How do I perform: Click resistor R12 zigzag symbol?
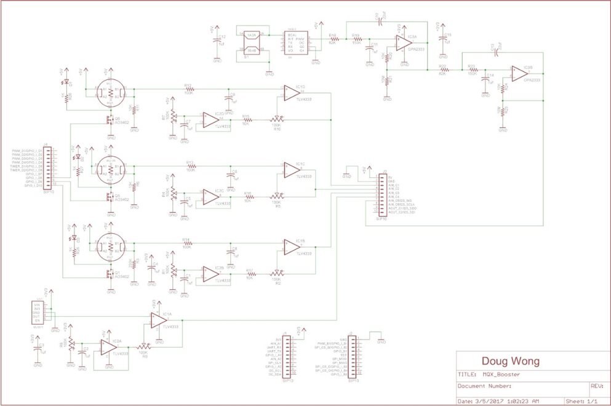click(188, 89)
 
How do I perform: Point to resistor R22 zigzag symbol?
click(442, 70)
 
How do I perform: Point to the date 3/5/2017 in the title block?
click(487, 400)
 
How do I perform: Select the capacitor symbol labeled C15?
click(442, 39)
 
